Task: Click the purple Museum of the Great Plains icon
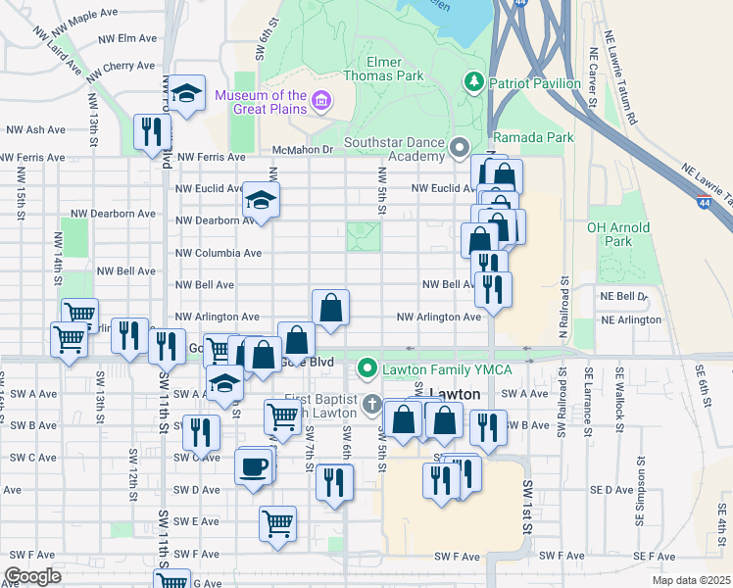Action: pos(319,101)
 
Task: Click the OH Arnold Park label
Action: pos(617,233)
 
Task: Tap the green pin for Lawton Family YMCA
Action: pos(367,368)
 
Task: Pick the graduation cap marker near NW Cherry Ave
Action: pos(185,94)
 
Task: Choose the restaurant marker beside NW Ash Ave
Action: pos(152,132)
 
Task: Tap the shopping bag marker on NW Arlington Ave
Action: pos(331,307)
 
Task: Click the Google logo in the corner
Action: pos(33,576)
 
